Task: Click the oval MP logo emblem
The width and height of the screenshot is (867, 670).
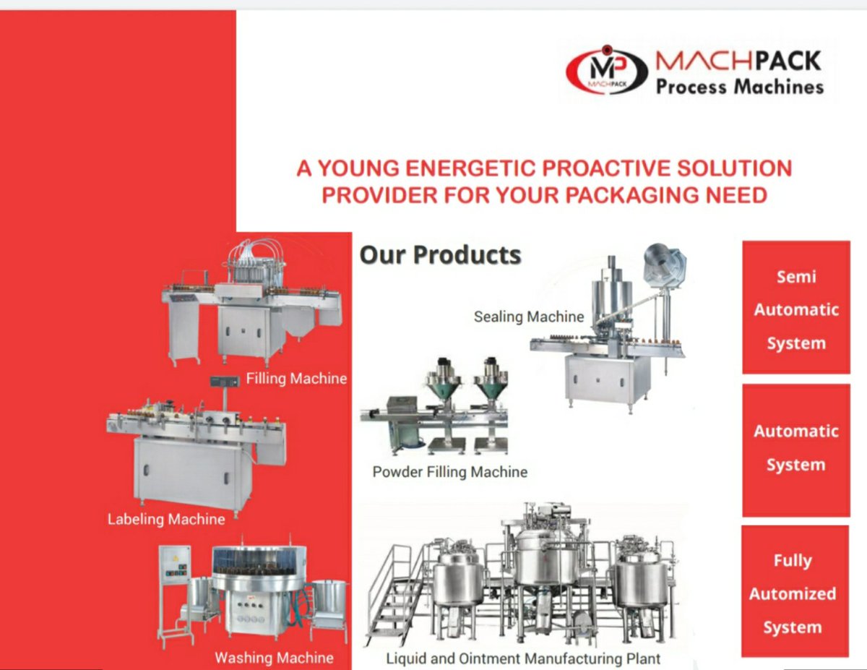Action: [x=605, y=71]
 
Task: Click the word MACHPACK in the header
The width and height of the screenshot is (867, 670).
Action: [x=738, y=61]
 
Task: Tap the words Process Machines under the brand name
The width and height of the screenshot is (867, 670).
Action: [x=739, y=87]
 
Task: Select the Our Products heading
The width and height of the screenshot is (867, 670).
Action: [x=440, y=255]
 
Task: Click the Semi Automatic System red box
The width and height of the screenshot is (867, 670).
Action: [x=795, y=309]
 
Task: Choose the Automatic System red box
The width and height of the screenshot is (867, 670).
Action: [x=795, y=449]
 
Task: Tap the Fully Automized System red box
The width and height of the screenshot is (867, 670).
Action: [x=793, y=593]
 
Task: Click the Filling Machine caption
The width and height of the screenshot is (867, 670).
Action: [x=296, y=378]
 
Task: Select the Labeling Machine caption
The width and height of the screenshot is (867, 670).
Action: [x=166, y=519]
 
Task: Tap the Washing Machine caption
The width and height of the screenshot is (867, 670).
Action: [x=274, y=658]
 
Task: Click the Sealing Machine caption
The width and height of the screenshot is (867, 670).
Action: [x=529, y=317]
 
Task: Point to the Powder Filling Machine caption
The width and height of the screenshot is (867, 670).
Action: [x=449, y=472]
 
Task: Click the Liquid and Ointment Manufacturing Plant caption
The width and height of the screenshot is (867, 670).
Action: [x=523, y=658]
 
